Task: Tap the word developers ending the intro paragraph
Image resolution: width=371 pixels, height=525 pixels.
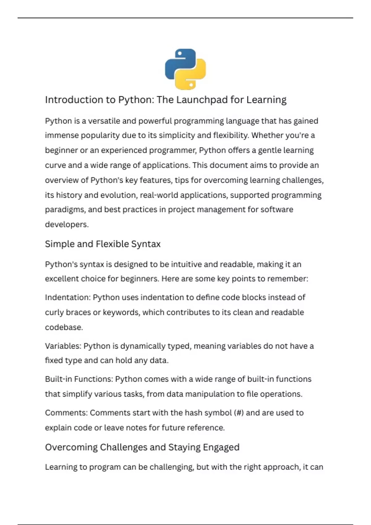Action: [x=66, y=225]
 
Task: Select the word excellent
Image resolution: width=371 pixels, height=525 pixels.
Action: [x=62, y=279]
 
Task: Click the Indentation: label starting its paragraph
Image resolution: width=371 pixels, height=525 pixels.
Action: [x=68, y=297]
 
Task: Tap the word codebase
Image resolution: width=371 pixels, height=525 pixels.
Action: [x=64, y=327]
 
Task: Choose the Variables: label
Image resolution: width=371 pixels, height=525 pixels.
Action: [x=63, y=346]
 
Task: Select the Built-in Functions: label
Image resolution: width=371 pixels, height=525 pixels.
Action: [x=79, y=379]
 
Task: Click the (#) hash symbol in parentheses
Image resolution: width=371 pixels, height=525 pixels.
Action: [x=239, y=413]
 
